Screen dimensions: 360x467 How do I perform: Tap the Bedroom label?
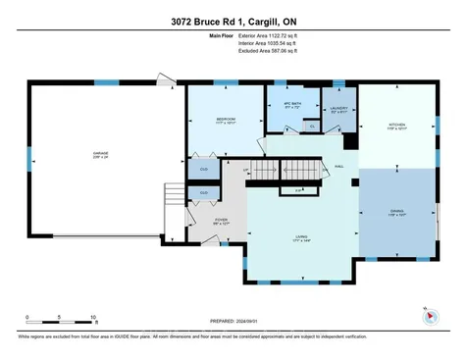coord(226,120)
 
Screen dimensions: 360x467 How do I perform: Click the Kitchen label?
coord(396,126)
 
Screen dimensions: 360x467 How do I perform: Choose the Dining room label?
coord(396,210)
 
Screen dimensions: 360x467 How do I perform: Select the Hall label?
coord(338,167)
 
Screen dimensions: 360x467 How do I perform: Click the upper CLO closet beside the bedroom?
coord(204,170)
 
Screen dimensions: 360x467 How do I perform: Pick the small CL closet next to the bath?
coord(311,126)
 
